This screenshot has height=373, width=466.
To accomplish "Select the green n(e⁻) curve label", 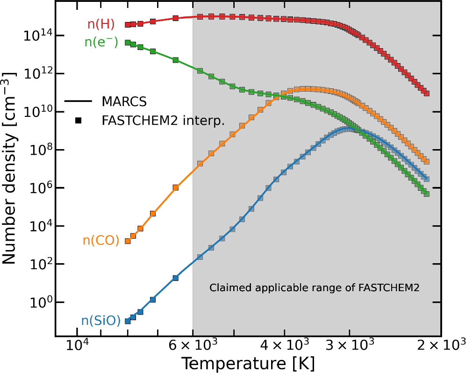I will (x=101, y=42).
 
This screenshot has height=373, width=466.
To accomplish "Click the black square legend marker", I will (x=79, y=121).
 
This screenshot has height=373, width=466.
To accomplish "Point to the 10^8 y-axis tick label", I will (x=37, y=149).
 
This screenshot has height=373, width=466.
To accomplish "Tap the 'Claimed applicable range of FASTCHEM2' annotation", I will (x=314, y=288).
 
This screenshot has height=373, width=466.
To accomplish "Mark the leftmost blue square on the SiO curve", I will (x=127, y=321).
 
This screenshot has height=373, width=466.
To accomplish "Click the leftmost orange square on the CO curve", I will (x=127, y=241).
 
